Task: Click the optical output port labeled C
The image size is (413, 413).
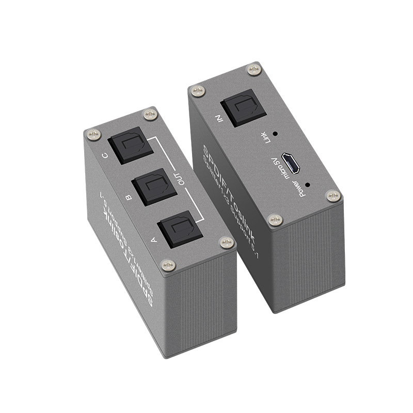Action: (x=132, y=146)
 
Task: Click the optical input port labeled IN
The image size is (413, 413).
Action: (x=239, y=107)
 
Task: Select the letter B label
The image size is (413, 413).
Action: (x=129, y=197)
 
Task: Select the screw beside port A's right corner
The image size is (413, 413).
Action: (x=226, y=242)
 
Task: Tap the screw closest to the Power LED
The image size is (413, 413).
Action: (x=333, y=196)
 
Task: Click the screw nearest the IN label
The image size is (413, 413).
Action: (x=197, y=91)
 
